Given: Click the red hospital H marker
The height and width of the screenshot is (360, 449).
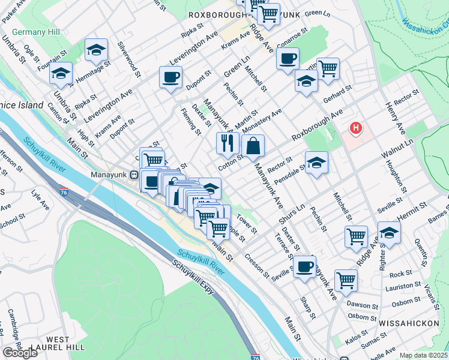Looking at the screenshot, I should point(357,128).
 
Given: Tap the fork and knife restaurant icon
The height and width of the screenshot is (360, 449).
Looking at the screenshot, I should point(227,143).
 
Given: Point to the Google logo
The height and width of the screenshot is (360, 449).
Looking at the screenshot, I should point(20,353).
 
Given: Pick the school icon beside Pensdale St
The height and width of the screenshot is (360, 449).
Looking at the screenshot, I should point(316,162).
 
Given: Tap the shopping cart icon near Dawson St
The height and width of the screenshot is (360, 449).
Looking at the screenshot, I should point(346,280).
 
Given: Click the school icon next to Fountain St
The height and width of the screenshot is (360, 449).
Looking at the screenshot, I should point(61,73).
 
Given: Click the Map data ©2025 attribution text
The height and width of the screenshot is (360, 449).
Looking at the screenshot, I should point(424,355).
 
